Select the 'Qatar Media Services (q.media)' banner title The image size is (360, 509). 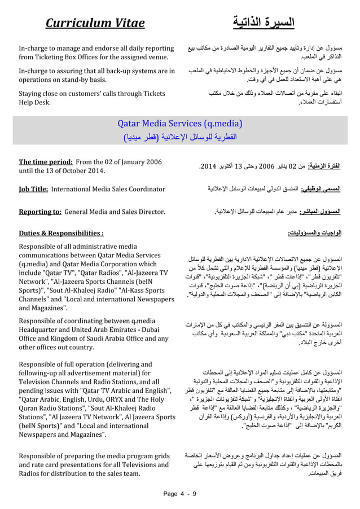pyautogui.click(x=180, y=124)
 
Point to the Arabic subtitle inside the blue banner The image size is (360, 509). pyautogui.click(x=180, y=137)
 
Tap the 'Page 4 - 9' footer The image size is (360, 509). pyautogui.click(x=179, y=495)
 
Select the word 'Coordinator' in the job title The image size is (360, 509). pyautogui.click(x=145, y=188)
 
